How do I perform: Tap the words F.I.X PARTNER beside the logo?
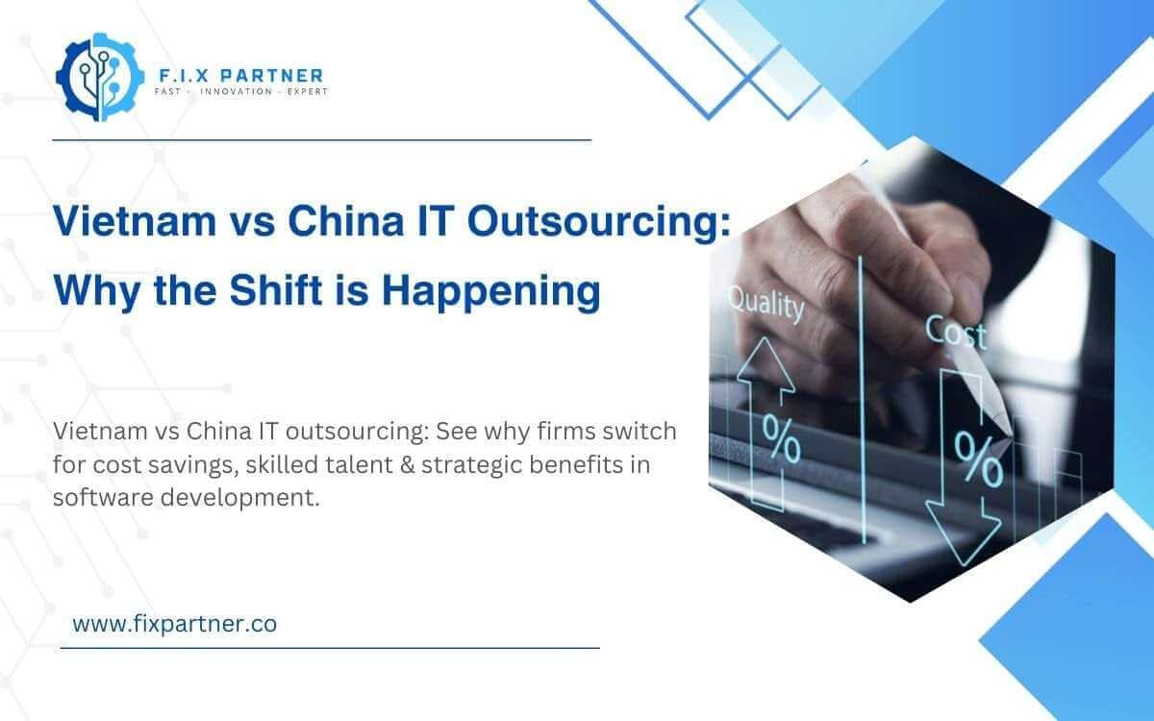[240, 74]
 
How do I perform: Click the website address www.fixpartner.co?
[174, 624]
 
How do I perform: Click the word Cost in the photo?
[956, 333]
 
